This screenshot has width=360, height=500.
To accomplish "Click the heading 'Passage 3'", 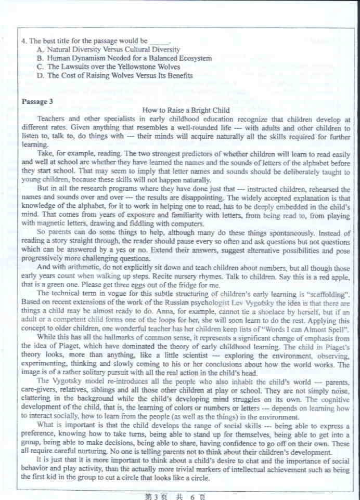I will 37,101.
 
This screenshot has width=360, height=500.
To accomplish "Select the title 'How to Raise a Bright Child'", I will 186,110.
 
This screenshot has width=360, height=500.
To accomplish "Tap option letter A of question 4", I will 40,49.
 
